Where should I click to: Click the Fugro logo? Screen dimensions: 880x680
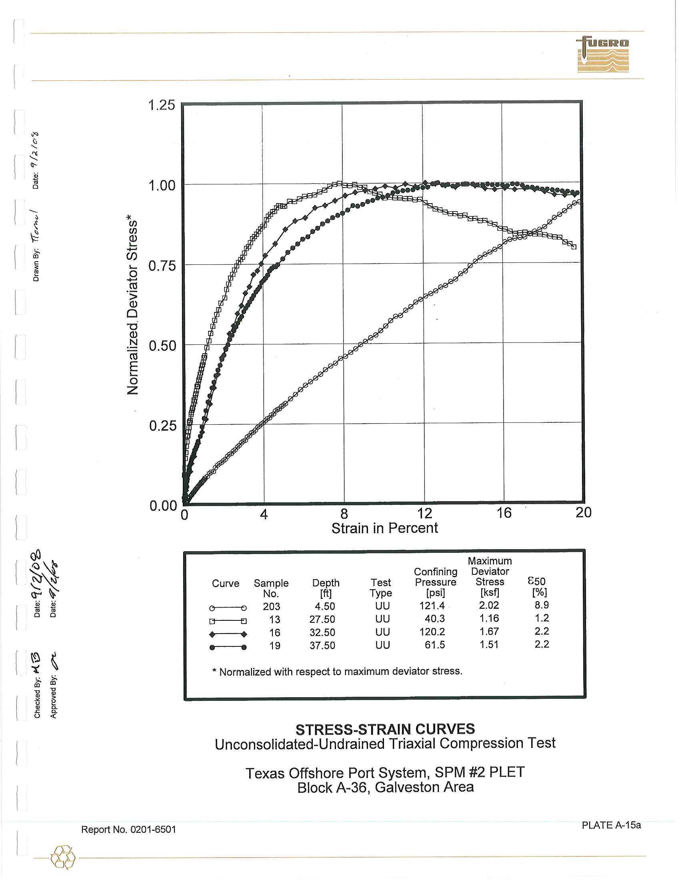(x=603, y=54)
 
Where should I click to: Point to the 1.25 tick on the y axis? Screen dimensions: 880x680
(x=162, y=105)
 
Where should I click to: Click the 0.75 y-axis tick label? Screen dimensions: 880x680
(x=162, y=266)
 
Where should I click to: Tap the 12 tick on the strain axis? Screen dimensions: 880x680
(x=424, y=513)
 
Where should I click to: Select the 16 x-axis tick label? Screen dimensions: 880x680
(x=504, y=513)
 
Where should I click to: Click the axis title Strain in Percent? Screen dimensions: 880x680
(x=384, y=528)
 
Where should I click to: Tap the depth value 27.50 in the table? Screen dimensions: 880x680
(x=322, y=619)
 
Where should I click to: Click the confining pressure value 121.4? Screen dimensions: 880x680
(x=432, y=606)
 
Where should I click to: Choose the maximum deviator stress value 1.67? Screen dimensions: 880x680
(x=489, y=631)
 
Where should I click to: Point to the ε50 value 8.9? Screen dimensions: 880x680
(x=542, y=605)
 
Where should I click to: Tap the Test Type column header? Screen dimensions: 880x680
(x=381, y=588)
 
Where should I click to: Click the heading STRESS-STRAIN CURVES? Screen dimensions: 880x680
(x=385, y=729)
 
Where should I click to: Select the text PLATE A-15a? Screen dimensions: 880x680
(x=611, y=825)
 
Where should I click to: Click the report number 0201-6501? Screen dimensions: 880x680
(x=128, y=829)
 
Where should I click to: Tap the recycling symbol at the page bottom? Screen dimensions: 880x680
(x=63, y=857)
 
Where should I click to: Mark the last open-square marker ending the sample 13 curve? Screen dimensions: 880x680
(x=574, y=246)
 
